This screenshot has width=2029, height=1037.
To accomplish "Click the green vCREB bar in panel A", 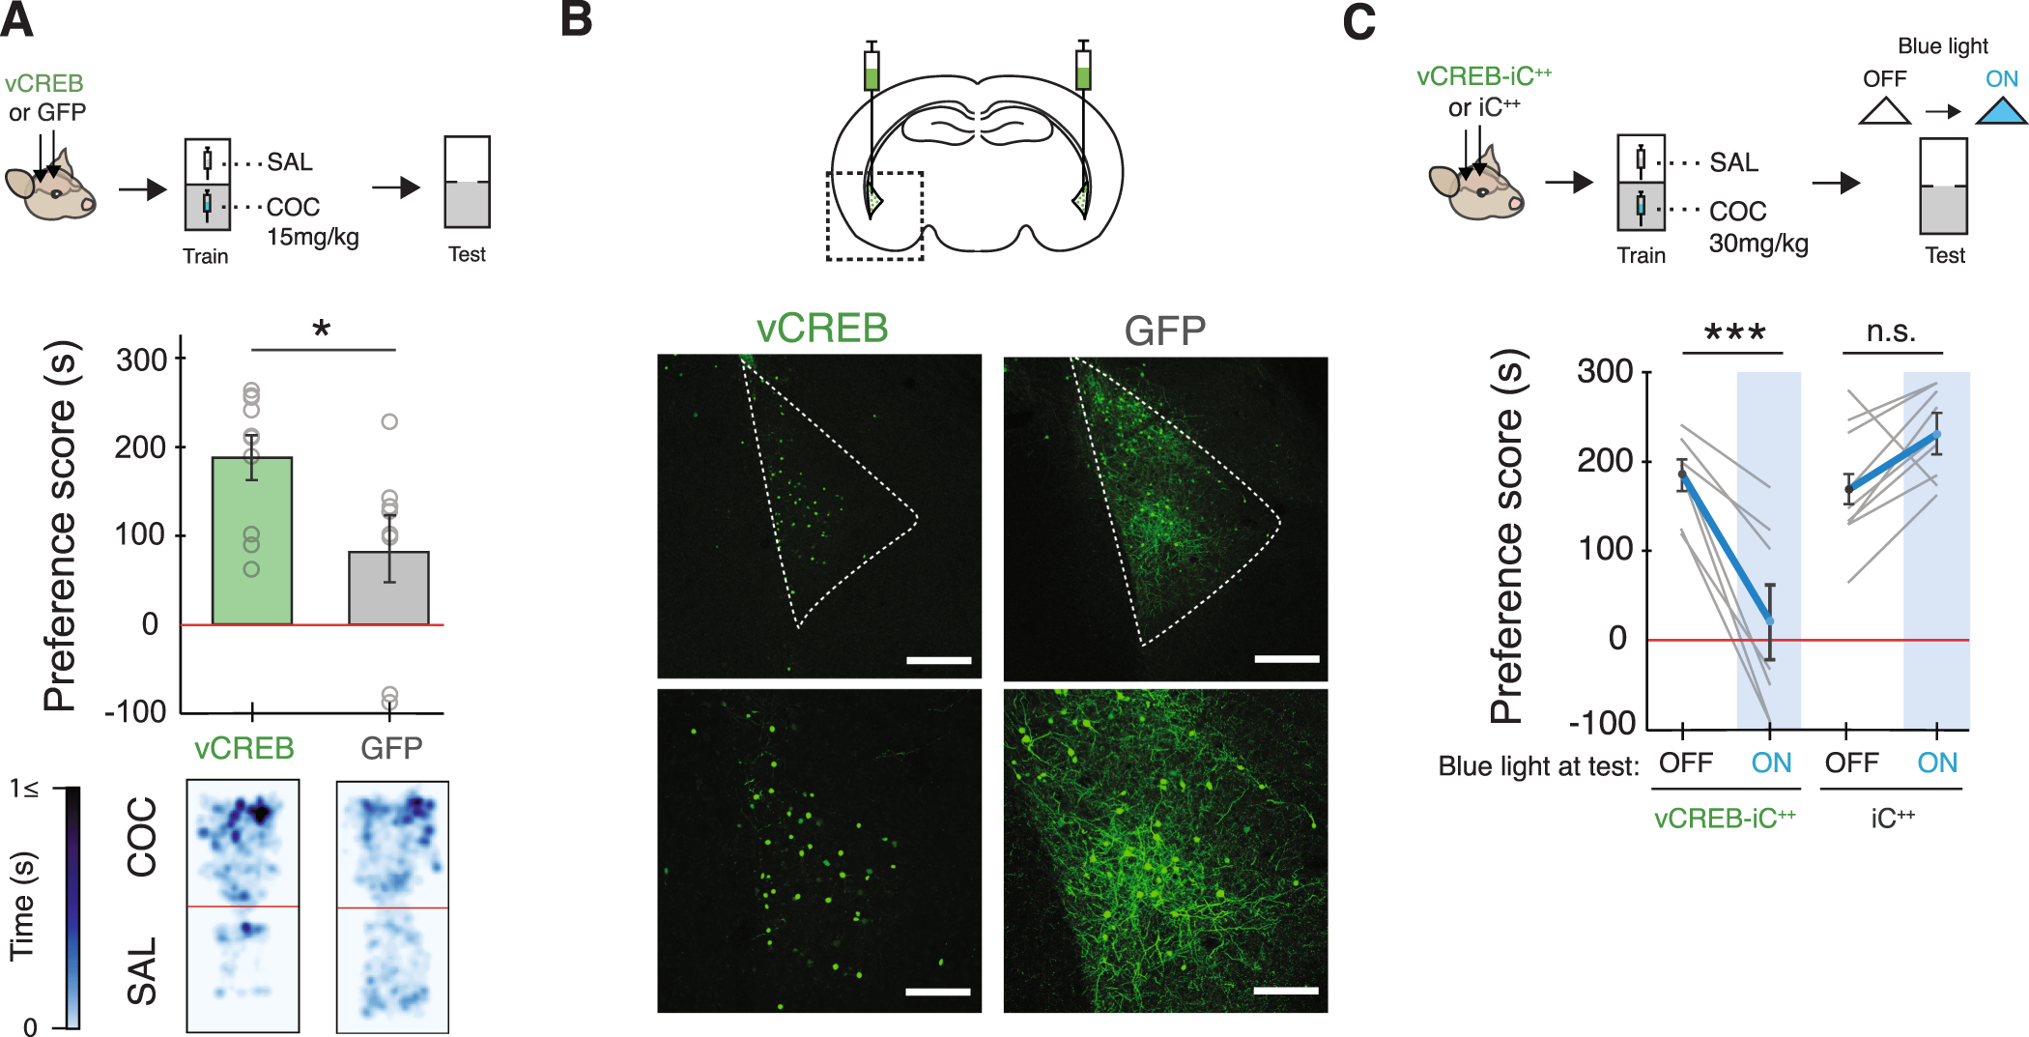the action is pyautogui.click(x=252, y=541).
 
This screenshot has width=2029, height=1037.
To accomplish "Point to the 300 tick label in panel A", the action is pyautogui.click(x=141, y=360).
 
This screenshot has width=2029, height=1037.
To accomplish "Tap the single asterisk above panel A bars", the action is pyautogui.click(x=322, y=330).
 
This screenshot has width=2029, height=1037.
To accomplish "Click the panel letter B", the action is pyautogui.click(x=577, y=19).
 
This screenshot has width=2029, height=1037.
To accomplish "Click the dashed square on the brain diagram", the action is pyautogui.click(x=874, y=216).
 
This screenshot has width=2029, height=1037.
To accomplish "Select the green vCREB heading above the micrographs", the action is pyautogui.click(x=821, y=329).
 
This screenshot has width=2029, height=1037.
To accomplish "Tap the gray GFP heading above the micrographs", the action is pyautogui.click(x=1164, y=331).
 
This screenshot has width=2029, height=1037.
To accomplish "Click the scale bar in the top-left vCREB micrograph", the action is pyautogui.click(x=938, y=660).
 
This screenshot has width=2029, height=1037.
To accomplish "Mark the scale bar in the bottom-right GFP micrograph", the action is pyautogui.click(x=1285, y=991).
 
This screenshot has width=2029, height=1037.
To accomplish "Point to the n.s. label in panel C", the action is pyautogui.click(x=1891, y=331).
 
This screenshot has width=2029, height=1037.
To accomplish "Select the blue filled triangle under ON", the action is pyautogui.click(x=1999, y=112).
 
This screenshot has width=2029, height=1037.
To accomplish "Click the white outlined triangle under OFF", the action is pyautogui.click(x=1884, y=112).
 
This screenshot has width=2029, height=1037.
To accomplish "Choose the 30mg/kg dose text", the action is pyautogui.click(x=1758, y=244).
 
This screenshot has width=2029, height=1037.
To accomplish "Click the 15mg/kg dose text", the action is pyautogui.click(x=313, y=237).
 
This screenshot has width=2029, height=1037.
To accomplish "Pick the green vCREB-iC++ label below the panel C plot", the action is pyautogui.click(x=1724, y=819).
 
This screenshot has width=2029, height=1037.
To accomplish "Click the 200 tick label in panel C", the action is pyautogui.click(x=1604, y=461).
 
